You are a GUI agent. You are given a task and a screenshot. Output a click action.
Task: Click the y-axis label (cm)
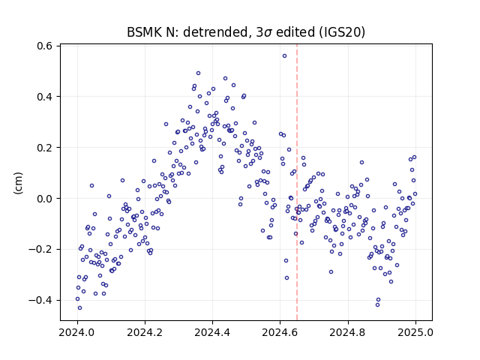point(18,183)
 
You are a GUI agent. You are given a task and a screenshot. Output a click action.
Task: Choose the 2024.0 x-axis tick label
point(77,332)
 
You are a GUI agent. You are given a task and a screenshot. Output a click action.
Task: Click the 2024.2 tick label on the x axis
point(145,332)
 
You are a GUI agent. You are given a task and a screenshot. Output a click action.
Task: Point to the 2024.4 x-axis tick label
point(212,332)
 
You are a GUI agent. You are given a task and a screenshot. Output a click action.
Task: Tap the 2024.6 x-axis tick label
point(280,332)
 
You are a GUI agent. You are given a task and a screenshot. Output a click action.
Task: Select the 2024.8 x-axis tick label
point(348,332)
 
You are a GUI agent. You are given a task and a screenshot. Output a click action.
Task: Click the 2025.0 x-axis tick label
point(415,332)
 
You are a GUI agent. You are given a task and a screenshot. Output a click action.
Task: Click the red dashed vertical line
point(297,182)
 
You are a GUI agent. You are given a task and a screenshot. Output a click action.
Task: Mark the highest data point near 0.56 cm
point(284,56)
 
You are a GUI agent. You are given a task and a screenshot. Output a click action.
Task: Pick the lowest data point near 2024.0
point(80,308)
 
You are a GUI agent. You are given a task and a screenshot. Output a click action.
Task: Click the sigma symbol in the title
point(268,33)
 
